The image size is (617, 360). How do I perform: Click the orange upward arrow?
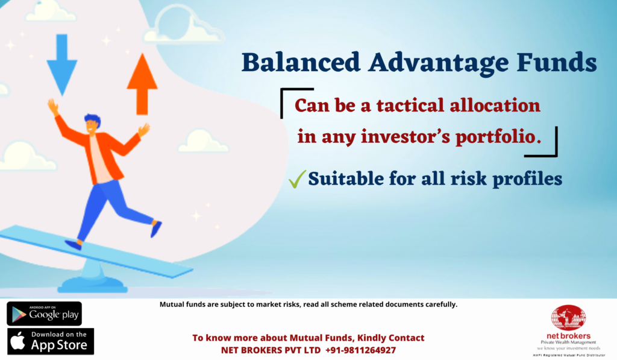[142, 84]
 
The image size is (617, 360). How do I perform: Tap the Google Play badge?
[44, 314]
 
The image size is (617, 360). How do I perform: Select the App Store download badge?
[51, 341]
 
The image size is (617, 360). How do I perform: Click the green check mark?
[297, 179]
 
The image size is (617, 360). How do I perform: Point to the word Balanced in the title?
[301, 63]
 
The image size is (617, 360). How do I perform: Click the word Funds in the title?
[557, 63]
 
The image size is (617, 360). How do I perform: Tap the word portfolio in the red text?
[498, 137]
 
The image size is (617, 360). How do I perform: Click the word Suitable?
[346, 179]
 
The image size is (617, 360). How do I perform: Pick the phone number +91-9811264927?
[360, 350]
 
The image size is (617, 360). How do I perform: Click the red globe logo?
[568, 318]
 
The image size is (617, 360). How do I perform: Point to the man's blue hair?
[93, 119]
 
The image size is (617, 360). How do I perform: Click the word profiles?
[527, 180]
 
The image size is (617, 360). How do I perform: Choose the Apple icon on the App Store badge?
[17, 341]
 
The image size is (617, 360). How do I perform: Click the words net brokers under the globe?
[568, 336]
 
